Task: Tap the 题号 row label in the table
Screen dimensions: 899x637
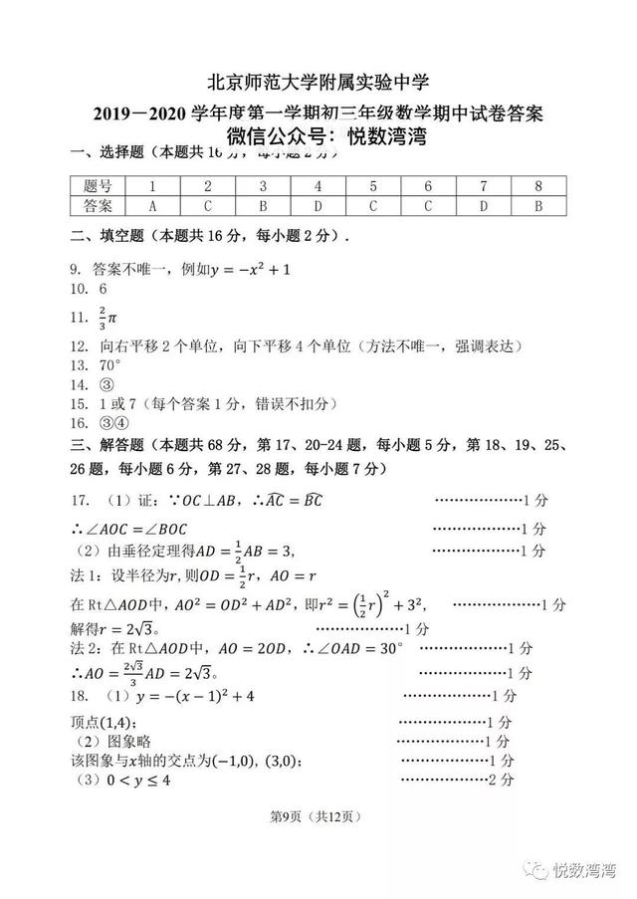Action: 99,186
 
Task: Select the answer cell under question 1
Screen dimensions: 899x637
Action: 152,206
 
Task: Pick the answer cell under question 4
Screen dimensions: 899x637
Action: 318,206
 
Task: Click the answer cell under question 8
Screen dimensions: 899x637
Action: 538,206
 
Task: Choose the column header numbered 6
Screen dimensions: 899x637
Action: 428,186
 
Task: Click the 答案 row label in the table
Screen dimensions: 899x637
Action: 99,206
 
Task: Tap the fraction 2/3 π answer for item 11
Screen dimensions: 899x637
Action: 107,318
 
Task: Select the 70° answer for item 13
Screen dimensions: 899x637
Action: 110,365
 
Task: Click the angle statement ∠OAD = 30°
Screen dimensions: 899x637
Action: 353,649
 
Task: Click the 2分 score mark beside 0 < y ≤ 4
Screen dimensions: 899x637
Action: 502,780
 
